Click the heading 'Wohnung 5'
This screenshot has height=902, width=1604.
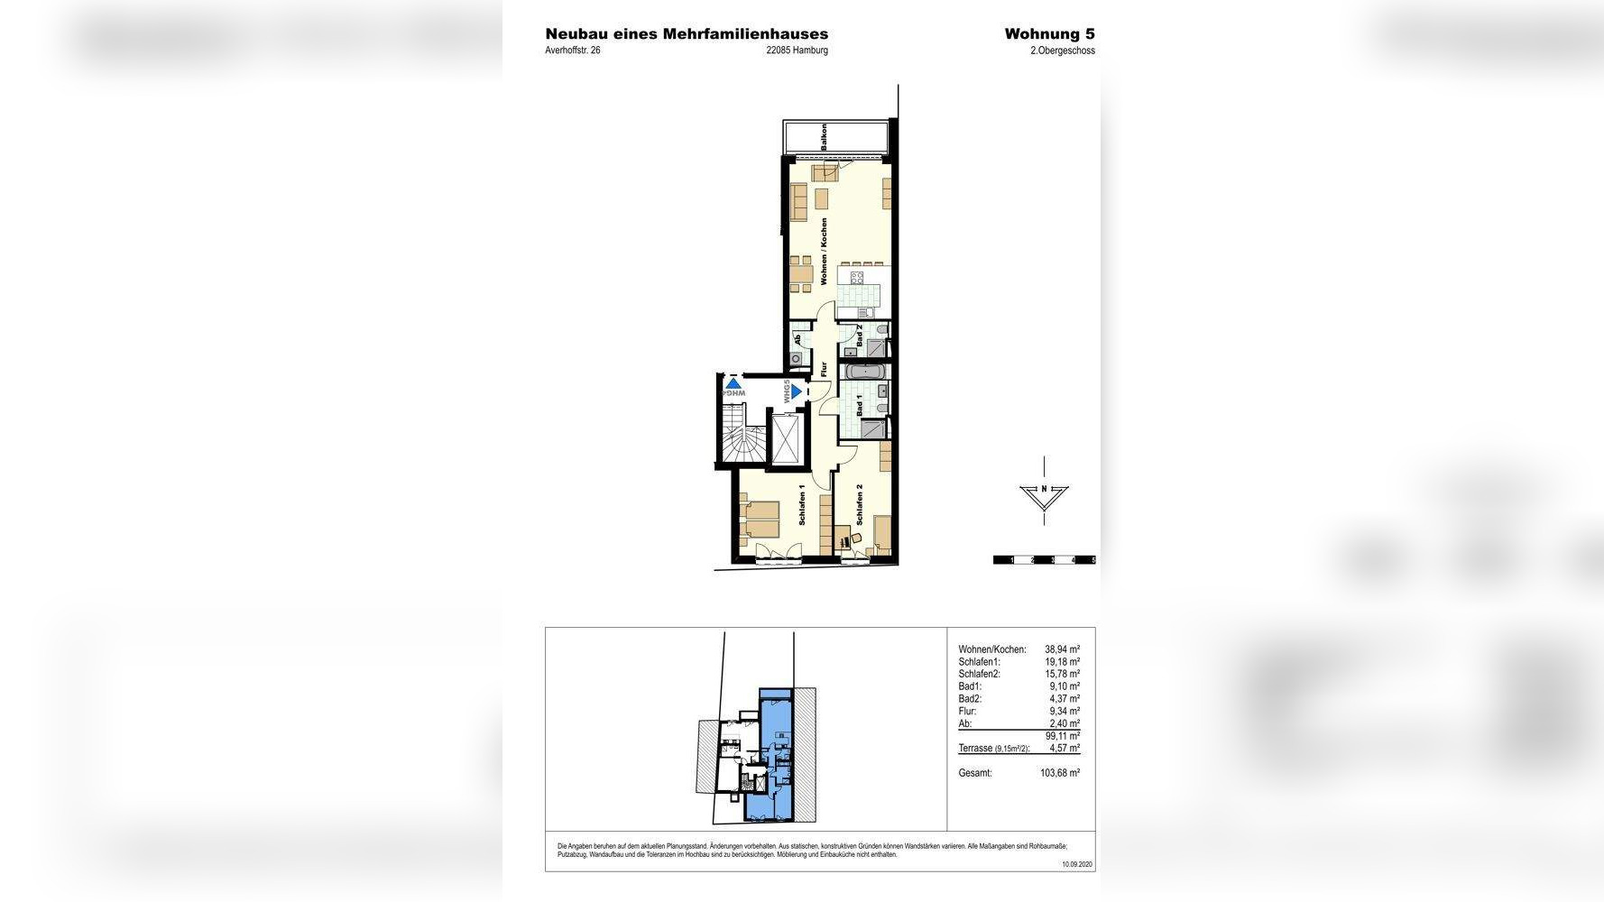(1049, 34)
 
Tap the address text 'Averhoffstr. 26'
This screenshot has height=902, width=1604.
(572, 51)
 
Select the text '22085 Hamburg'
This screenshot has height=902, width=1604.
(797, 51)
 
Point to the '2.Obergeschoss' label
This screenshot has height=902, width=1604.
(1062, 51)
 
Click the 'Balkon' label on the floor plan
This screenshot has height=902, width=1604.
(824, 137)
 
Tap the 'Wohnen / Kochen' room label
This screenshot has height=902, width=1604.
(824, 252)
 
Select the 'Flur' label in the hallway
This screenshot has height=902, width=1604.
(824, 369)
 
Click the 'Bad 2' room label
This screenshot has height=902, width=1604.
(860, 336)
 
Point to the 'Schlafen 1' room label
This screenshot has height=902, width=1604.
(802, 505)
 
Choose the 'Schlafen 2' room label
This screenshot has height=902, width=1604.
(860, 505)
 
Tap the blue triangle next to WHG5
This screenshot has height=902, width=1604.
(797, 392)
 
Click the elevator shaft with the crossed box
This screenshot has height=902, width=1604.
(786, 439)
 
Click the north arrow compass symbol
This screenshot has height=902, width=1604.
(1044, 493)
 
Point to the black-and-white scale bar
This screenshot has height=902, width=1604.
(1044, 560)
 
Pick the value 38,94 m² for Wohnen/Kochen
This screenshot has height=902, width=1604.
(1062, 649)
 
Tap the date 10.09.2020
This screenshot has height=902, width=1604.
(1076, 864)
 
